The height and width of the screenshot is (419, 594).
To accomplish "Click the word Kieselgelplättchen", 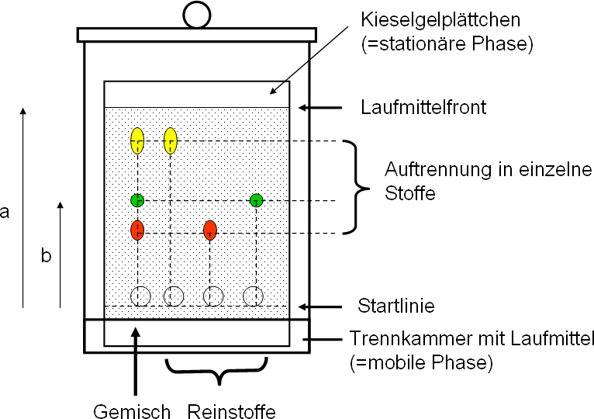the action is coord(440,20).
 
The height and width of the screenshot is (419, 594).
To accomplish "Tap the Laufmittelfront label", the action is coord(423,107).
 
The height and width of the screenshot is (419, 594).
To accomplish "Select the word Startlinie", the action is coord(396,306).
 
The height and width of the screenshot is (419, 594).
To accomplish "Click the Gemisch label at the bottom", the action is coord(132,411).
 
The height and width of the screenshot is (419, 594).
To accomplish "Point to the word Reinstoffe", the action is coord(231,411).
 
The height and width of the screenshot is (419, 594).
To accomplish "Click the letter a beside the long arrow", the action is coord(5,212).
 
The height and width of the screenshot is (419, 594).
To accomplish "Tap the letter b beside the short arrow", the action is coord(46,255).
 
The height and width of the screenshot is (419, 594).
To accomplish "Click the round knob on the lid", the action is coord(197,16).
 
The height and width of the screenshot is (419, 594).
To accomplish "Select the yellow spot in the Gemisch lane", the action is coord(137,140).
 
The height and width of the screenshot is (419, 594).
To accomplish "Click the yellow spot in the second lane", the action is coord(171,140).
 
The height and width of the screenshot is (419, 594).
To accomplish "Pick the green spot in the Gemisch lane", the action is coord(137,200).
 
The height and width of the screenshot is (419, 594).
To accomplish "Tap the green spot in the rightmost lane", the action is coord(257,200).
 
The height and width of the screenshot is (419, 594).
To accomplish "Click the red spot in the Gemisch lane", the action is coord(137,230).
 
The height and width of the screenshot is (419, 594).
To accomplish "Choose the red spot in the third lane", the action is coord(210,230).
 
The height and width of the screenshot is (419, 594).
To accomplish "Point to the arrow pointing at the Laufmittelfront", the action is coord(320,108).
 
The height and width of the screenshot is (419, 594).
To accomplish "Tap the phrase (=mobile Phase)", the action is coord(421,362).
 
